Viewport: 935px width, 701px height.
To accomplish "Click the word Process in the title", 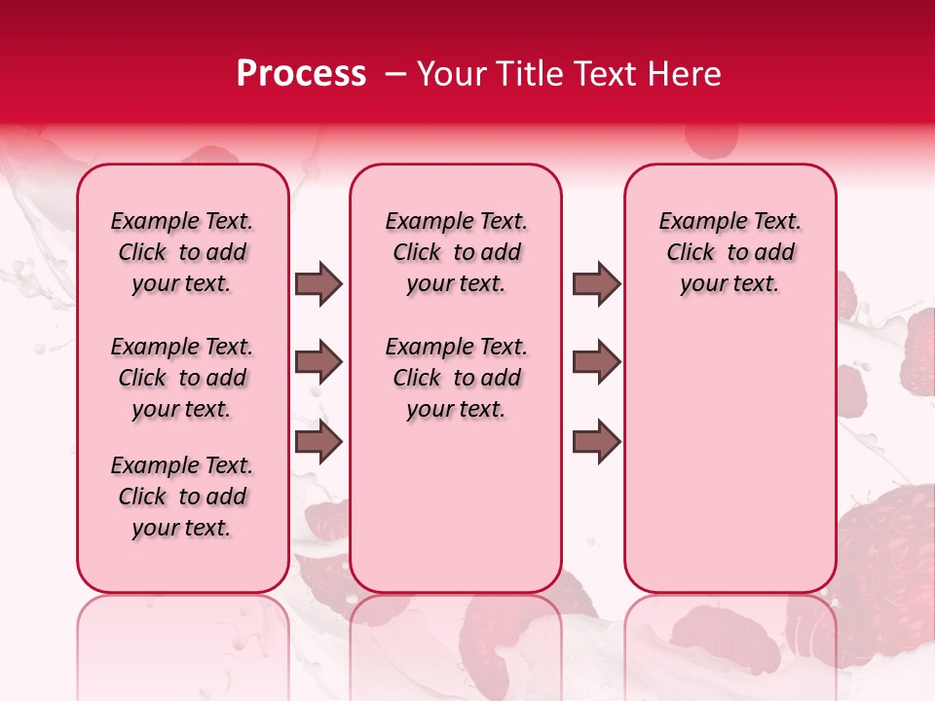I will (x=301, y=74).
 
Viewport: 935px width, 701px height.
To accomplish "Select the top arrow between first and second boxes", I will (x=318, y=283).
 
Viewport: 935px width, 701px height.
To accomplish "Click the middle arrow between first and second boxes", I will (x=318, y=363).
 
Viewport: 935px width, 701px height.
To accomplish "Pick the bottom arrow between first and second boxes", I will (x=318, y=443).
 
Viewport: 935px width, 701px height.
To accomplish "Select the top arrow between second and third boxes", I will (x=596, y=283).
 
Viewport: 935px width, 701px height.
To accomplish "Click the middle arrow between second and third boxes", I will (x=596, y=363).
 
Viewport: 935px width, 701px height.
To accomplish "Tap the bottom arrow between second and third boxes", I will (x=596, y=443).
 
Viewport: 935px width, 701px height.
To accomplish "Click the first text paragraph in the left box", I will (x=182, y=252).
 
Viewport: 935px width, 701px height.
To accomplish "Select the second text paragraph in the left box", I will (x=182, y=378).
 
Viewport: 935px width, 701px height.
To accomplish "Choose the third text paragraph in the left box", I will (x=182, y=497).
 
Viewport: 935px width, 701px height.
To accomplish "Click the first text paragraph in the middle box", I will (x=456, y=252).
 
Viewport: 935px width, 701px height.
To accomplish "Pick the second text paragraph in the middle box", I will (x=456, y=378).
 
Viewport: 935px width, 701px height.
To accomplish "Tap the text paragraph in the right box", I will (x=729, y=252).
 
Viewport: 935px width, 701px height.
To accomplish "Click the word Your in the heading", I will (x=450, y=74).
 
